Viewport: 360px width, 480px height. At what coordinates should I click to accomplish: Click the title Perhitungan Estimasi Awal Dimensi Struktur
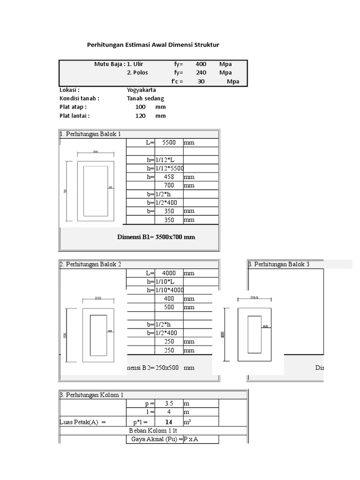pos(153,45)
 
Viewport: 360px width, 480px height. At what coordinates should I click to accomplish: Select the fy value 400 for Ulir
pos(201,64)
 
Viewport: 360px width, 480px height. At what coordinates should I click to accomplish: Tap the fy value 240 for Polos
pos(201,73)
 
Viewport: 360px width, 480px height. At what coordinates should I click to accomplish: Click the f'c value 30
pos(201,81)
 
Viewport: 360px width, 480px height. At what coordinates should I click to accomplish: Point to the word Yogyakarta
pos(141,90)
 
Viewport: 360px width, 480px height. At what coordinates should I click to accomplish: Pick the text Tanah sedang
pos(145,98)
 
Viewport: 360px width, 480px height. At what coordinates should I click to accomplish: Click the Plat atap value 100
pos(141,107)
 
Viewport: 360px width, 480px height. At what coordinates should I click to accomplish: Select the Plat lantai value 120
pos(141,115)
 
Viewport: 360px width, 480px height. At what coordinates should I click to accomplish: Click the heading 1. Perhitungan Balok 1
pos(90,134)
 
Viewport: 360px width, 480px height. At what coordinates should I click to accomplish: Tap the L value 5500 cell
pos(169,142)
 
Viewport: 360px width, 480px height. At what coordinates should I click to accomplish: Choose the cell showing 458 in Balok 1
pos(169,177)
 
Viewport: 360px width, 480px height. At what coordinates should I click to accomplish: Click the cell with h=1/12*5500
pos(165,168)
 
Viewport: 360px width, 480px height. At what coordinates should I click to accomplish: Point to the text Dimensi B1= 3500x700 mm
pos(156,237)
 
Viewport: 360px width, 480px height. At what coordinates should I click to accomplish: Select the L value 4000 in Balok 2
pos(169,273)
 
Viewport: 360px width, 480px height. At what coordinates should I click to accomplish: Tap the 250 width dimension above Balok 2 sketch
pos(98,298)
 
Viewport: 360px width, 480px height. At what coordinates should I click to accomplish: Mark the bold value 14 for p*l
pos(169,422)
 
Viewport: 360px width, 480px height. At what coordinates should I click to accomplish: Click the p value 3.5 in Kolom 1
pos(169,404)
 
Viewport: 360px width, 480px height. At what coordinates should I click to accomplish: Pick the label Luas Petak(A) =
pos(83,422)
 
